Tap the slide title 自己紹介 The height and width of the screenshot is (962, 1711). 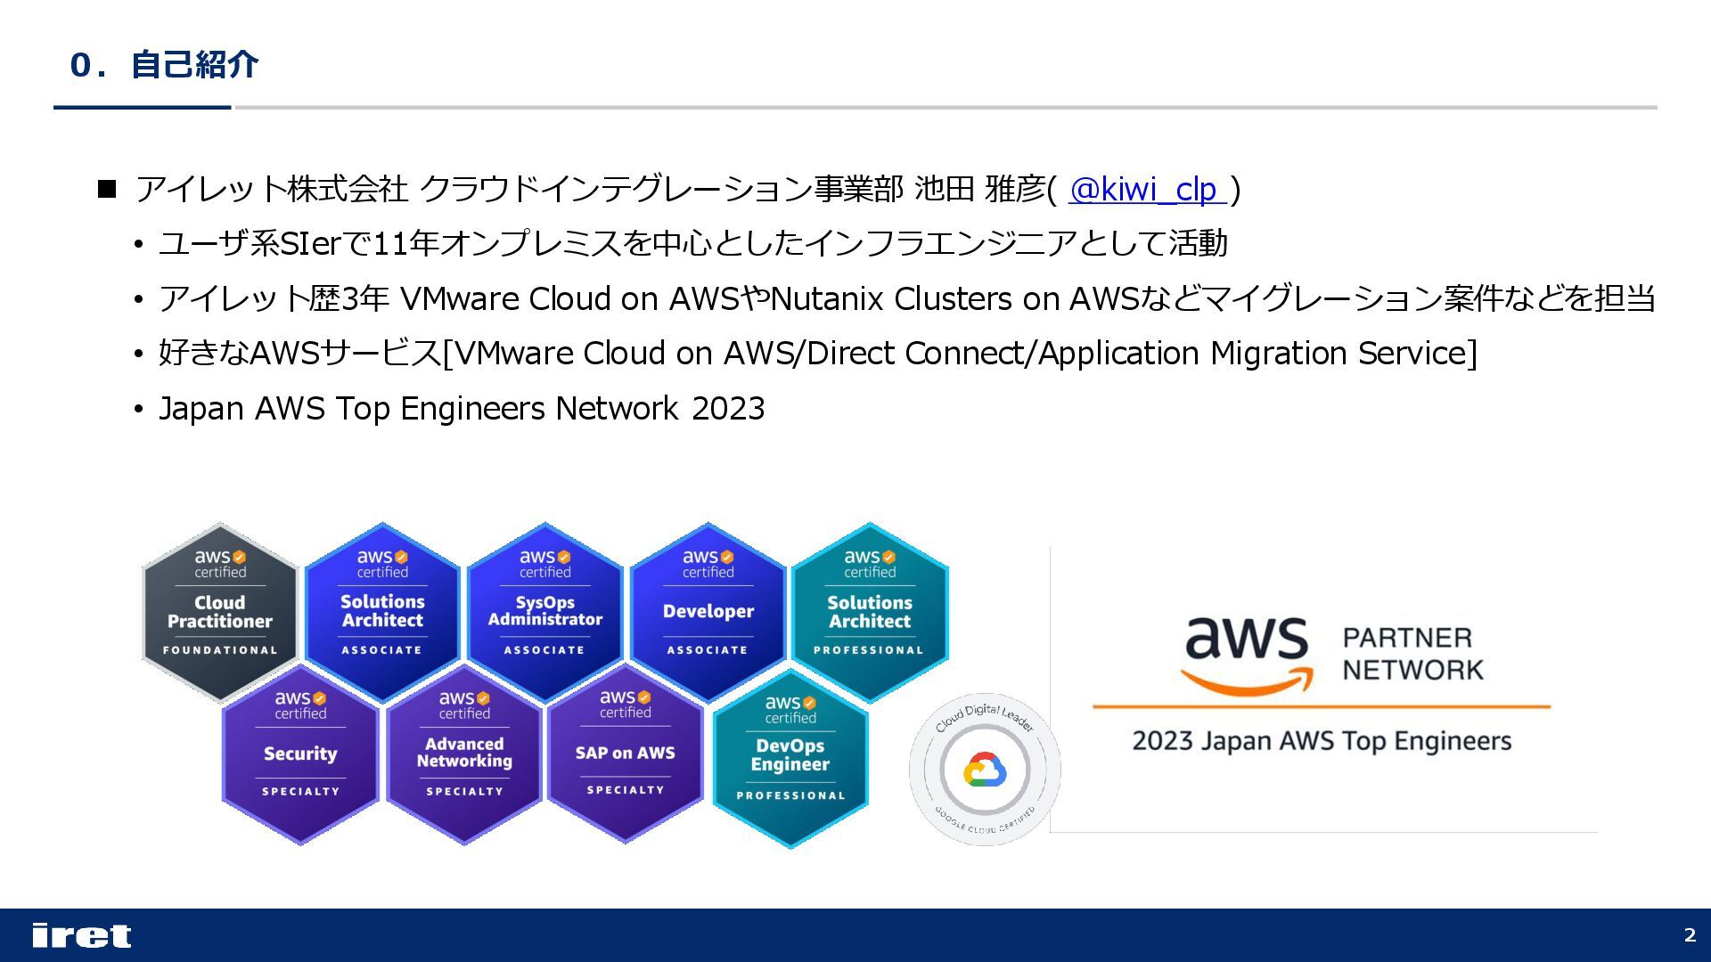pos(194,65)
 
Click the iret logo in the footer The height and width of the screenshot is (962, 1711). pos(81,935)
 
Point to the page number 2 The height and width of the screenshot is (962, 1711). pos(1690,935)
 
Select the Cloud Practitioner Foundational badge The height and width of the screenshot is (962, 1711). pos(220,612)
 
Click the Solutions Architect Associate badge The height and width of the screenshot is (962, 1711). pos(382,612)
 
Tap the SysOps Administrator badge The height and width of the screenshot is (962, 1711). pos(544,612)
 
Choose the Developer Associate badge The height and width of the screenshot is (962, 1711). pos(708,612)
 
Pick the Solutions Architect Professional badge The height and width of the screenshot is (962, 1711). pos(870,612)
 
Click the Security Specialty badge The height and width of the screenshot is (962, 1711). pos(300,754)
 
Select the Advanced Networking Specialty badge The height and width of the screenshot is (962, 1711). pos(464,754)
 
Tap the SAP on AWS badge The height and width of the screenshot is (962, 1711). pos(625,754)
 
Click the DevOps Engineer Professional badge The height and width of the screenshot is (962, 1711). pos(790,758)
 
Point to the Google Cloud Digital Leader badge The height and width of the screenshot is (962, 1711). pos(985,770)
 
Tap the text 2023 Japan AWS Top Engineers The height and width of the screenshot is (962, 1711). pos(1322,741)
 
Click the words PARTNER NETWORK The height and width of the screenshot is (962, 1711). pos(1412,654)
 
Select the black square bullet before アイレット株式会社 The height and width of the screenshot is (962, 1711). pos(107,189)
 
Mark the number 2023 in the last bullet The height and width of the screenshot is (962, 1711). pos(728,409)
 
